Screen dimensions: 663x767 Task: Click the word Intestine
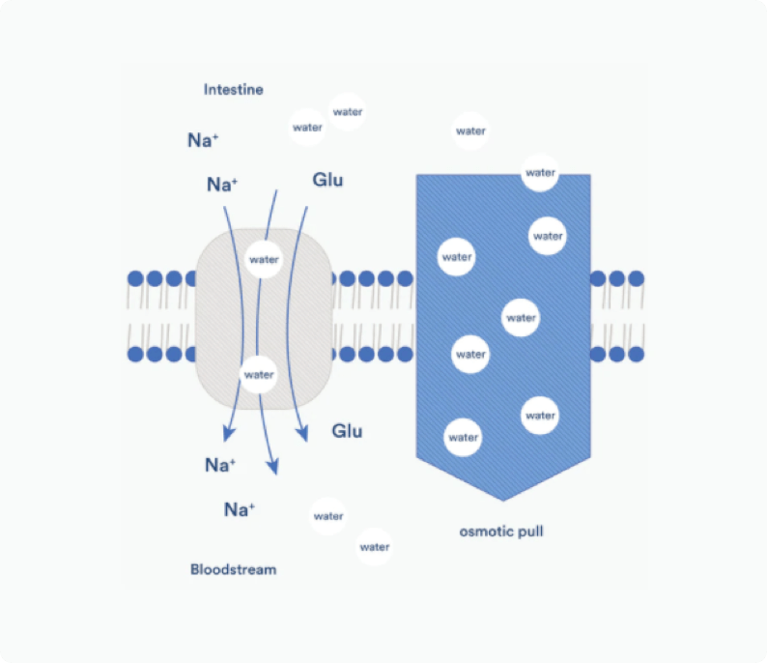tap(233, 90)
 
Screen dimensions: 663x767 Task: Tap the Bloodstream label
tap(233, 569)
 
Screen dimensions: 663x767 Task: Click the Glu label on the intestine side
tap(327, 180)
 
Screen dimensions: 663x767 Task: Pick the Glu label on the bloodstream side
tap(347, 430)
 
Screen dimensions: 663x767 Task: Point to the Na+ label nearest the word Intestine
tap(203, 140)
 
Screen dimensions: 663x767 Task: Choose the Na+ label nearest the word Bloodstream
tap(239, 509)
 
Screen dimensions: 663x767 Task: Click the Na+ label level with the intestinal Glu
tap(222, 184)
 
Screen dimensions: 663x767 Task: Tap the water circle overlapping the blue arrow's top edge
tap(540, 173)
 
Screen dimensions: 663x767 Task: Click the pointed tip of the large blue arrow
tap(502, 498)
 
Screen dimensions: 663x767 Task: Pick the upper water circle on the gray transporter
tap(263, 259)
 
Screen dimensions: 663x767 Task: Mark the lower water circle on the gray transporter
tap(259, 374)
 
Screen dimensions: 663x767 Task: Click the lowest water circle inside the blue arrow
tap(464, 438)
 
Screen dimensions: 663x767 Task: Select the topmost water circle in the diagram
tap(347, 112)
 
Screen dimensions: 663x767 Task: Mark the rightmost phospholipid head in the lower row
tap(636, 354)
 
